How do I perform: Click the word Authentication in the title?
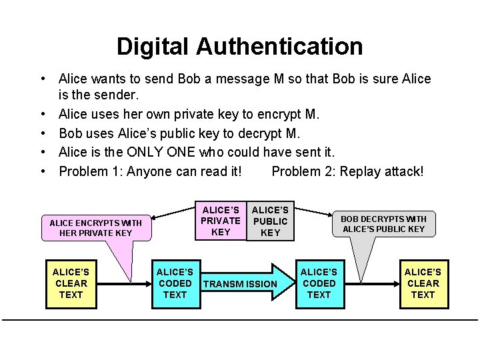(279, 47)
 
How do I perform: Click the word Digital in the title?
(153, 47)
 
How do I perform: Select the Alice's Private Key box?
(221, 221)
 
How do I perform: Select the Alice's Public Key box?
(270, 221)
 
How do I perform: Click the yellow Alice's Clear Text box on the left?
(71, 283)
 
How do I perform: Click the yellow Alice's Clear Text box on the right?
(423, 283)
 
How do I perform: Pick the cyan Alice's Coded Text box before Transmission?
(175, 283)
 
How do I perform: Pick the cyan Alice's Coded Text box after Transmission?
(319, 283)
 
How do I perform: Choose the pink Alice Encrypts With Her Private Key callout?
(96, 227)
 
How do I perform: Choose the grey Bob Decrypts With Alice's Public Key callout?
(383, 223)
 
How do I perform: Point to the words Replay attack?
(381, 171)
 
